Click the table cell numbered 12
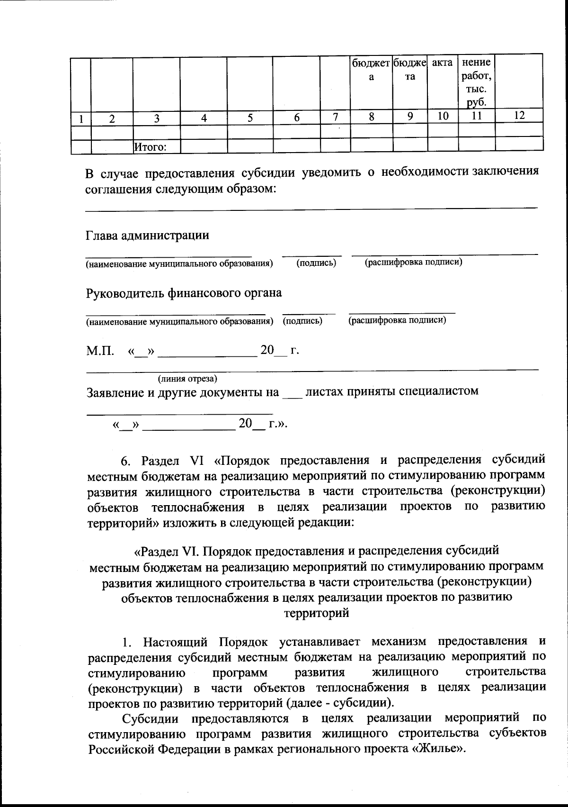(519, 116)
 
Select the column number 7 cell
(335, 117)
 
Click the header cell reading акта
(443, 63)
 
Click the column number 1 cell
(81, 118)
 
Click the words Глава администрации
(147, 235)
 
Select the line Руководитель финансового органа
(184, 293)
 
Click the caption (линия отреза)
(187, 379)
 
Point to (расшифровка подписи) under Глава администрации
(413, 262)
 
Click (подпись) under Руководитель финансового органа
(302, 321)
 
